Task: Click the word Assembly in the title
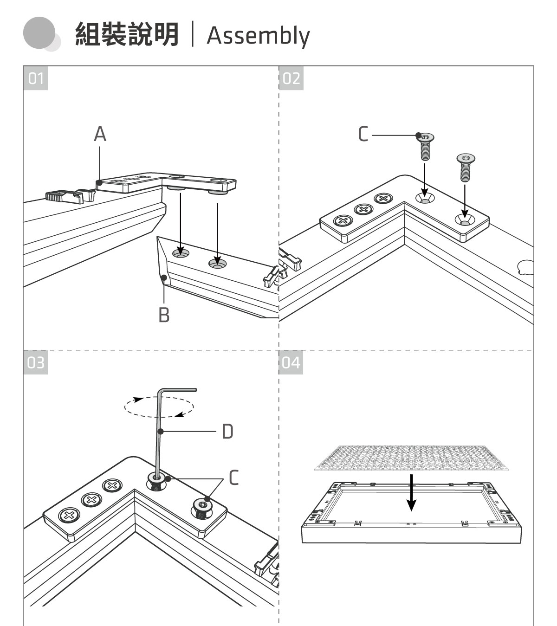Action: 258,35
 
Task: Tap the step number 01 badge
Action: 36,78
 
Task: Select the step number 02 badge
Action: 291,78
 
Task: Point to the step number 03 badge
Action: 36,362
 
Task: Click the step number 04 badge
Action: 291,362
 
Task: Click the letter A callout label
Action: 100,135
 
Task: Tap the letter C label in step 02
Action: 363,135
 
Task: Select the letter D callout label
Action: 227,432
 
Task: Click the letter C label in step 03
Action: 234,478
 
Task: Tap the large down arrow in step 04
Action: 411,491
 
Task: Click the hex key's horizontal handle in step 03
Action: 178,391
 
